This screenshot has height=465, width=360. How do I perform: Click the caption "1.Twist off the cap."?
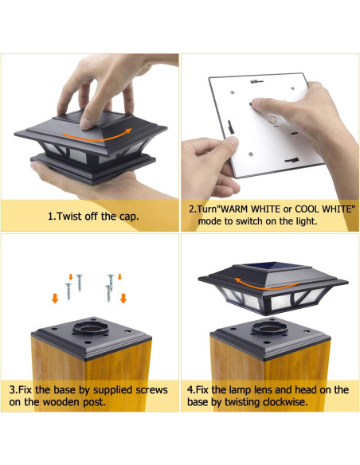tap(93, 217)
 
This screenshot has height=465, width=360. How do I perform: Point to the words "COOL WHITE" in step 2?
tap(323, 209)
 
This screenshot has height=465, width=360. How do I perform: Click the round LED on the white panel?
tap(272, 120)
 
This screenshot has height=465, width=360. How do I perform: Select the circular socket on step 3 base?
tap(91, 328)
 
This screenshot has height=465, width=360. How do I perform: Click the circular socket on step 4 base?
tap(269, 328)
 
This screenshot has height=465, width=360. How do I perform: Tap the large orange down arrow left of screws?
tap(55, 298)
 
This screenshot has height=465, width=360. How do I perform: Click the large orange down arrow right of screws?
tap(123, 298)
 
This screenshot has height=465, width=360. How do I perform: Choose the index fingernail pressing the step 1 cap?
tap(86, 123)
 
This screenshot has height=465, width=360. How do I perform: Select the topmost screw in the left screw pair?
tap(79, 283)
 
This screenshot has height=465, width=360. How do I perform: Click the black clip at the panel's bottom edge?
tap(292, 160)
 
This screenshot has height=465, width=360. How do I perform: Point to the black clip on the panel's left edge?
tap(230, 127)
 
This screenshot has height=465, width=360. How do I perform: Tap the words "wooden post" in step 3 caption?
tap(73, 402)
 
